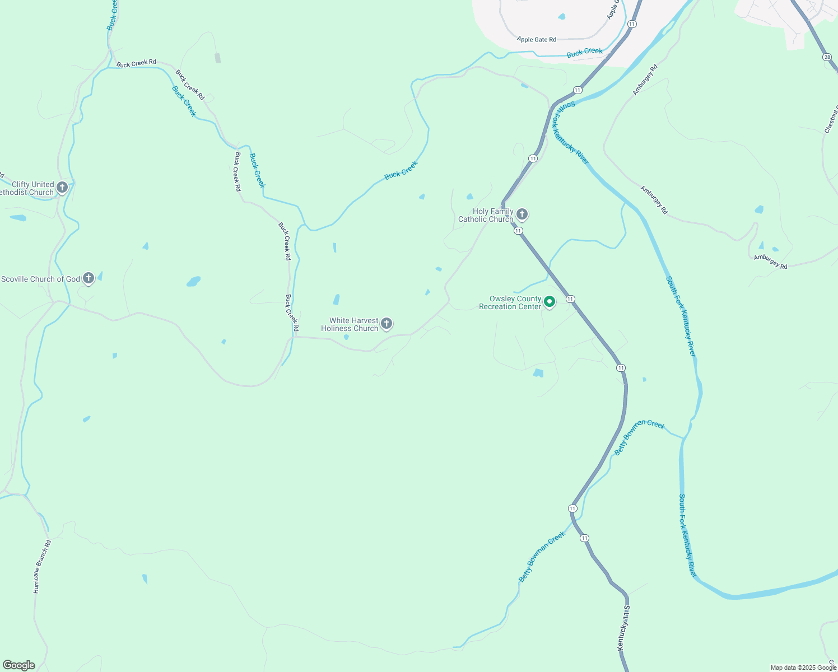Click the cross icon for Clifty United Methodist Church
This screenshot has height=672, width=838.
tap(62, 187)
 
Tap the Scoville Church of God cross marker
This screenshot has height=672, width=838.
tap(88, 278)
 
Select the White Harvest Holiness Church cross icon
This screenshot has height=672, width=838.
tap(386, 323)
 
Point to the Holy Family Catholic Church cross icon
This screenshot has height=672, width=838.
tap(522, 214)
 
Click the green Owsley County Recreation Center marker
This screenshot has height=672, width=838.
tap(550, 302)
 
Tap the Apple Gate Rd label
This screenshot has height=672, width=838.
tap(537, 39)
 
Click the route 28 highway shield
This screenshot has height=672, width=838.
tap(827, 57)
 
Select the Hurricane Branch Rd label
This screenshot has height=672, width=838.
tap(42, 566)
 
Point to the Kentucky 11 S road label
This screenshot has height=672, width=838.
tap(623, 627)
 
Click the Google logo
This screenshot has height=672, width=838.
tap(18, 665)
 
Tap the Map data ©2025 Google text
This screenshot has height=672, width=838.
tap(803, 668)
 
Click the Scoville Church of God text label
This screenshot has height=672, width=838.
tap(41, 279)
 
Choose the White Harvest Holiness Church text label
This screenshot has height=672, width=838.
tap(350, 325)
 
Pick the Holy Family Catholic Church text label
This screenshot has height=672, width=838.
tap(486, 215)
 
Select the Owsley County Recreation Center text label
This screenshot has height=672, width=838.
tap(510, 302)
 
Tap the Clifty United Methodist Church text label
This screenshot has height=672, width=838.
tap(28, 188)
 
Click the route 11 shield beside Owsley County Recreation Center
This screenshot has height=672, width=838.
tap(570, 299)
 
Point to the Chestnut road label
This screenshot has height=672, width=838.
tap(831, 119)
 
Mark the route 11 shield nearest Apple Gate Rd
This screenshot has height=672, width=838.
tap(632, 24)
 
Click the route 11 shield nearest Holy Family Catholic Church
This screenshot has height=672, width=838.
tap(518, 231)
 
